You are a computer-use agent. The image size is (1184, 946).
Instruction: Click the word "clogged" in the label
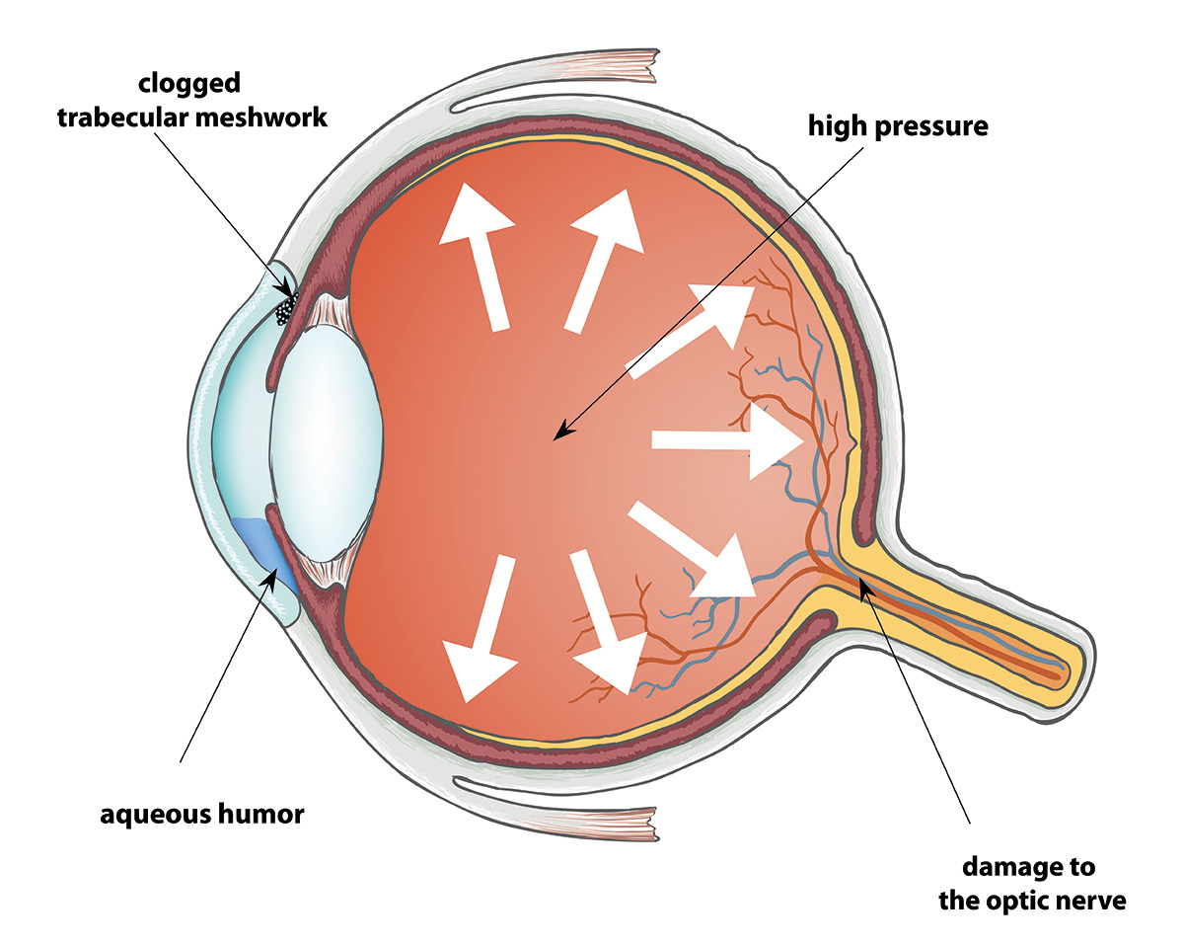pos(189,84)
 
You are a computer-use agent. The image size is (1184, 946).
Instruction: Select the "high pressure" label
pos(898,127)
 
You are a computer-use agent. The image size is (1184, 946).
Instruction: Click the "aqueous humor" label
pos(202,815)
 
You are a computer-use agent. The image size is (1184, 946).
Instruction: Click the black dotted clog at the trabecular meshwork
pos(286,309)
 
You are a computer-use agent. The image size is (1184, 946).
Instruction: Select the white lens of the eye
pos(326,443)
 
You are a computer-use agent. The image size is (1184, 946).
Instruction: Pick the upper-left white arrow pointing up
pos(477,257)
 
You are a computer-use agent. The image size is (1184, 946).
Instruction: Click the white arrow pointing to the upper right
pos(691,332)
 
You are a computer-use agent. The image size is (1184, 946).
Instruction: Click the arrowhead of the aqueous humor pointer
pos(272,576)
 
